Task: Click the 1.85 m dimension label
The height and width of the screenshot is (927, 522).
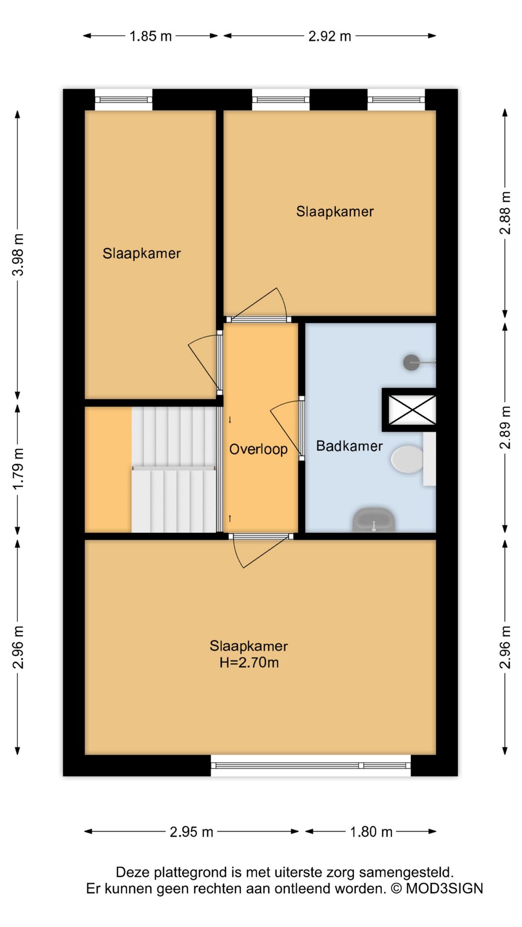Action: tap(150, 36)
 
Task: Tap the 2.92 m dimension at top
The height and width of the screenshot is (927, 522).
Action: tap(330, 36)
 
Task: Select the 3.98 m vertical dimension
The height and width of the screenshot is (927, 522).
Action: tap(18, 254)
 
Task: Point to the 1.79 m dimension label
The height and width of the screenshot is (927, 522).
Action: tap(18, 469)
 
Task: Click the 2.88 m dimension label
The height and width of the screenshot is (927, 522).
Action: tap(505, 213)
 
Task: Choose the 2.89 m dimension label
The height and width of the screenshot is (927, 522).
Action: tap(505, 428)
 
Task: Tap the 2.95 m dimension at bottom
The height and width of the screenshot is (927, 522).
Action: tap(191, 832)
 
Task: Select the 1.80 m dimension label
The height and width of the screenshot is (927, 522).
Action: tap(371, 832)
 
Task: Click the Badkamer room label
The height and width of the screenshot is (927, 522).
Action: tap(349, 446)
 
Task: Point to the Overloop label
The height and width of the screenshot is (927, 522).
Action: tap(258, 449)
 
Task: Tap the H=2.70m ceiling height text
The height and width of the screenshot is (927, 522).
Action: tap(249, 662)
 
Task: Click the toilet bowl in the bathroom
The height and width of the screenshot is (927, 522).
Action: tap(407, 459)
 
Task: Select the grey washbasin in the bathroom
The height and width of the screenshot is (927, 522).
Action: tap(374, 520)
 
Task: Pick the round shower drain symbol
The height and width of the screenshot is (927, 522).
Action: tap(411, 363)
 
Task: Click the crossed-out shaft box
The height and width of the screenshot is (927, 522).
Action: tap(412, 410)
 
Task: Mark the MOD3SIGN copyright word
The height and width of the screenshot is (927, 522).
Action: tap(444, 888)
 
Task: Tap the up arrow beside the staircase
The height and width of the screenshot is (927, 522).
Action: tap(230, 519)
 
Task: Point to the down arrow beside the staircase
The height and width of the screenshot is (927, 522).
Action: tap(230, 420)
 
